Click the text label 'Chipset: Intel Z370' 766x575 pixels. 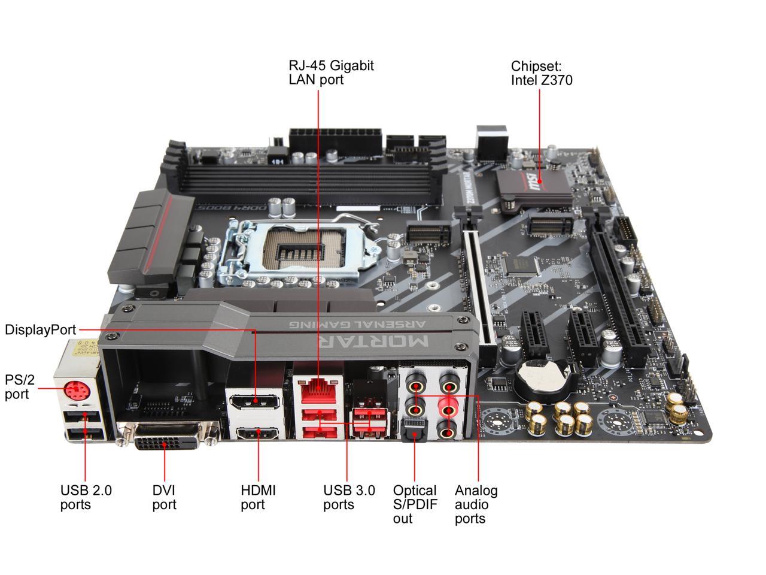[541, 73]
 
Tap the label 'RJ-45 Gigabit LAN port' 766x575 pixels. [331, 72]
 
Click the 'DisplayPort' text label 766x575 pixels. [40, 330]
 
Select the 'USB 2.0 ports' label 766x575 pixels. [86, 497]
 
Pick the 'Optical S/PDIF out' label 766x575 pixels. [415, 504]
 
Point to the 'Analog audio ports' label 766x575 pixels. [476, 504]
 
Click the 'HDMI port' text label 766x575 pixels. [258, 497]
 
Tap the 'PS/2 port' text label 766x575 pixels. [17, 387]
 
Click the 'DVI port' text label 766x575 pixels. [164, 497]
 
